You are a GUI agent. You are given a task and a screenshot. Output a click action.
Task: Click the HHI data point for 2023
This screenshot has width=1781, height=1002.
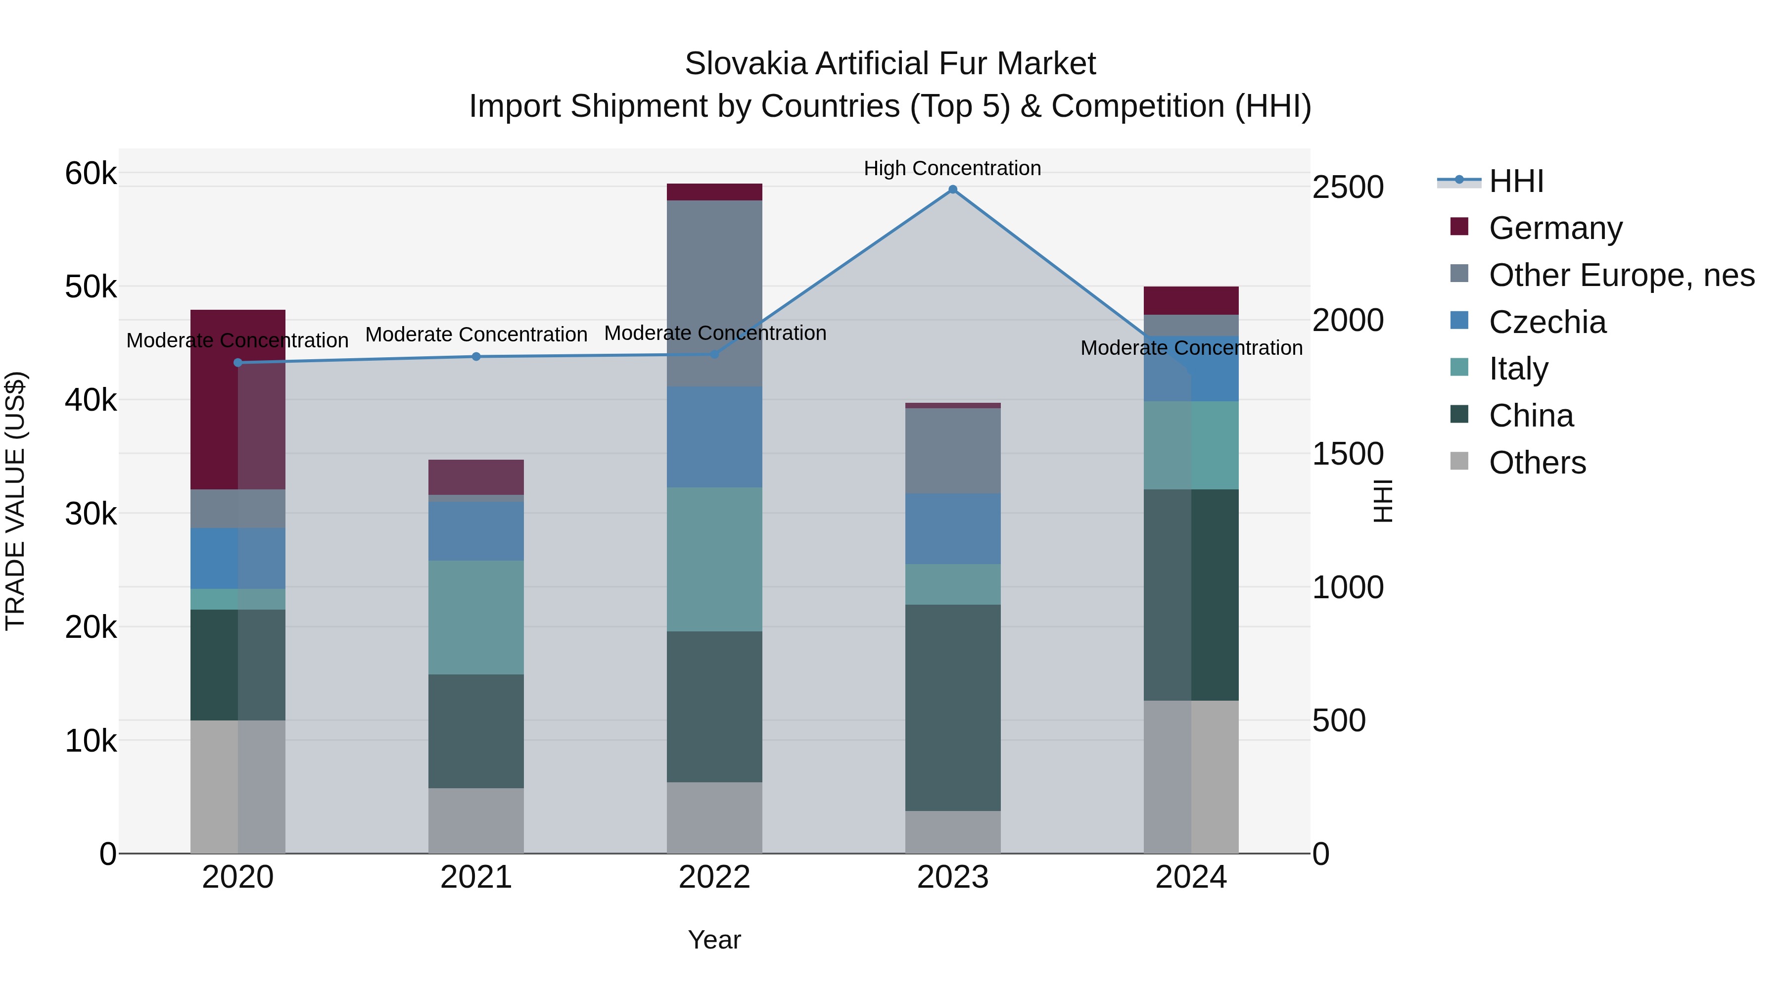point(953,190)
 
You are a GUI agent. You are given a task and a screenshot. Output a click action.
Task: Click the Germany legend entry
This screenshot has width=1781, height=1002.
point(1555,228)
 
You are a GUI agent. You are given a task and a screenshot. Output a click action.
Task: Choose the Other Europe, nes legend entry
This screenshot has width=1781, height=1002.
point(1621,275)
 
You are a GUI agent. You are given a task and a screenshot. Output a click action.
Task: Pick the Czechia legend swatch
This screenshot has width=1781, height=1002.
point(1459,321)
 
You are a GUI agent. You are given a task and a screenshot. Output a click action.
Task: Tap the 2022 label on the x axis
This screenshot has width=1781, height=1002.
point(714,877)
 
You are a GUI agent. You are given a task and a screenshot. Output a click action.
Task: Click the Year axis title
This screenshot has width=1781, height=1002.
point(714,940)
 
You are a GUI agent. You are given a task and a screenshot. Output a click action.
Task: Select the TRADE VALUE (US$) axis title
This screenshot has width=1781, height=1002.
point(16,501)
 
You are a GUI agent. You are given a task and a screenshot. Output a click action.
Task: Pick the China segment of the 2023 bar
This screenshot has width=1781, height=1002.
point(953,708)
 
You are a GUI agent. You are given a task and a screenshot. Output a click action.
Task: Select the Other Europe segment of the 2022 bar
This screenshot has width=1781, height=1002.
point(714,293)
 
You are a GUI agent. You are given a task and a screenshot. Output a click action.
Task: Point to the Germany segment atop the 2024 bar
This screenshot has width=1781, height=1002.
point(1191,301)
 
